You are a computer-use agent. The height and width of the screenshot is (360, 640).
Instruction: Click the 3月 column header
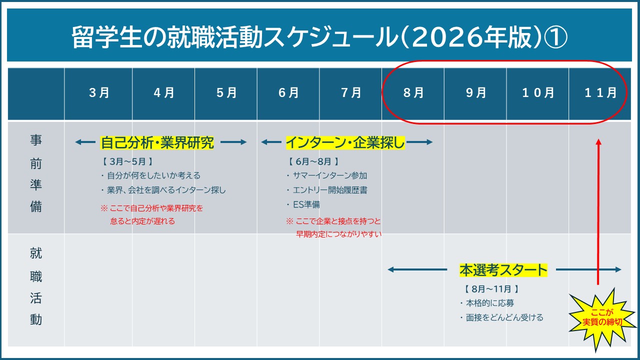coord(99,93)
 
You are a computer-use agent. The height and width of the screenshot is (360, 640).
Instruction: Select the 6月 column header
coord(288,93)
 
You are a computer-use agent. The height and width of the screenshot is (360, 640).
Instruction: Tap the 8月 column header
coord(413,93)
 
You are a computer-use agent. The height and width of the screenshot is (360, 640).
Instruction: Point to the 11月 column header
coord(600,93)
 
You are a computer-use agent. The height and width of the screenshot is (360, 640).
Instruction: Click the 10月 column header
coord(538,93)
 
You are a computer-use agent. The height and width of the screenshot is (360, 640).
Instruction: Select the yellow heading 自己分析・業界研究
coord(157,142)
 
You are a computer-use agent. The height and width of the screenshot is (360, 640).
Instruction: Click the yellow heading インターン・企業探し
coord(345,142)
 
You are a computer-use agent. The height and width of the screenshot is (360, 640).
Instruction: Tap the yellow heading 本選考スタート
coord(503,270)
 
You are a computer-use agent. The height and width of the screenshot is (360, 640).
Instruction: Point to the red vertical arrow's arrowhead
coord(598,142)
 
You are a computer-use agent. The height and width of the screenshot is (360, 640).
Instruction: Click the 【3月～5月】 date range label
coord(127,161)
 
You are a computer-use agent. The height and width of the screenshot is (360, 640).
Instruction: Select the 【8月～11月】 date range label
coord(491,289)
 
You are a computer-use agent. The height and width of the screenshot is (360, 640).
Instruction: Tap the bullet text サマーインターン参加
coord(330,175)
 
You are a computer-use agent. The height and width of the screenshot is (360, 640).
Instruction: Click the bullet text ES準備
coord(306,204)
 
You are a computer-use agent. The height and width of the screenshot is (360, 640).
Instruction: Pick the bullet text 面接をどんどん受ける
coord(504,317)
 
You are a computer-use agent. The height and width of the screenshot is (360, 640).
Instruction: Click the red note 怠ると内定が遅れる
coord(142,221)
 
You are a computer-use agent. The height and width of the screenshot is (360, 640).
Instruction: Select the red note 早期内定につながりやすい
coord(339,234)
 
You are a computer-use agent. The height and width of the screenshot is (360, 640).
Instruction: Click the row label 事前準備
coord(36,173)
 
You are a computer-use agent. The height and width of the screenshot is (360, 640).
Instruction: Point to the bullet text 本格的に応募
coord(490,303)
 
